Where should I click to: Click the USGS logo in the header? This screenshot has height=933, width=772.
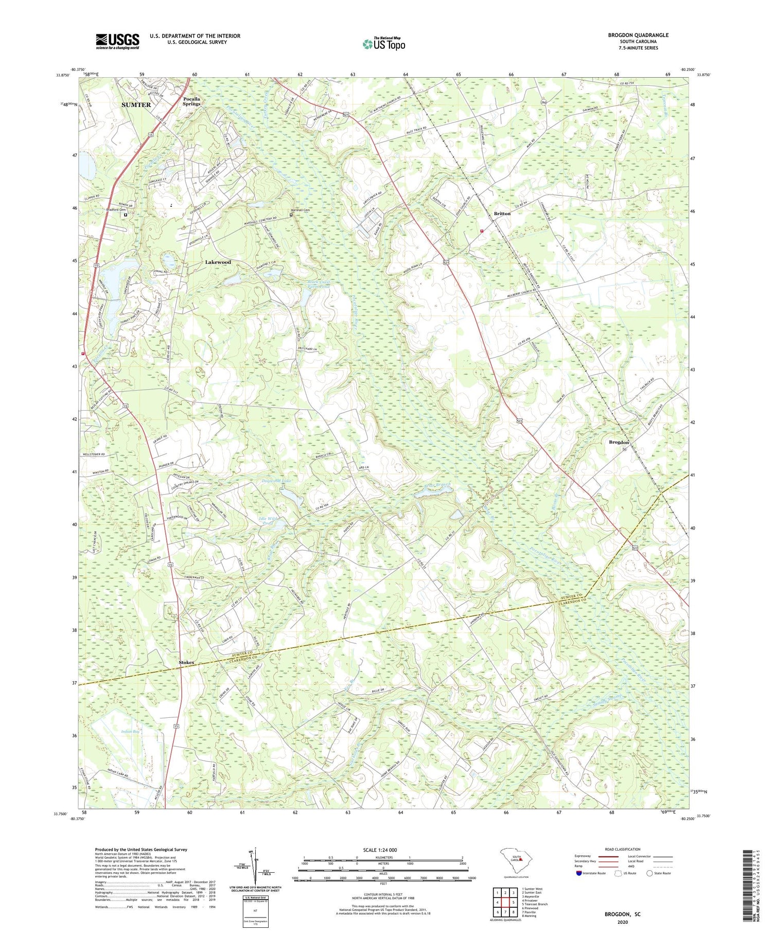(117, 41)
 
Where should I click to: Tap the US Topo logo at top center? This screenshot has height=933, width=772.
(383, 44)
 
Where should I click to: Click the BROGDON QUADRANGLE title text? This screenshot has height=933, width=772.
(638, 35)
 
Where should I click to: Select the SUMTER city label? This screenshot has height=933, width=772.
(136, 104)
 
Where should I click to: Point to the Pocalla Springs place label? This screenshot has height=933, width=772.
(191, 101)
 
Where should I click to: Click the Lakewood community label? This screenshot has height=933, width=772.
(218, 262)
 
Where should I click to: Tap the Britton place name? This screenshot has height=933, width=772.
(502, 213)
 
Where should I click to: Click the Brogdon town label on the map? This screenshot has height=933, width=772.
(619, 442)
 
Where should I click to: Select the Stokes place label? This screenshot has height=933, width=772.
(186, 663)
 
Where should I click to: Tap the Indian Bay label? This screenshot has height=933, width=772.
(130, 731)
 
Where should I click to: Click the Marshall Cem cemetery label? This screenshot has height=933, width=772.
(301, 210)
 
